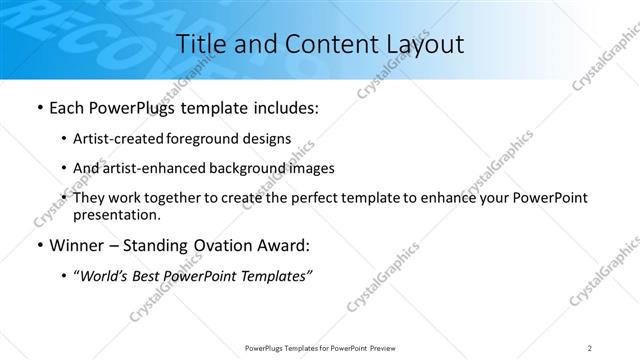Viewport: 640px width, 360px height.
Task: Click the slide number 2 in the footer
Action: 590,348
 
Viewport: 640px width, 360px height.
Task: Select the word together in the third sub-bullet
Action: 170,198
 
